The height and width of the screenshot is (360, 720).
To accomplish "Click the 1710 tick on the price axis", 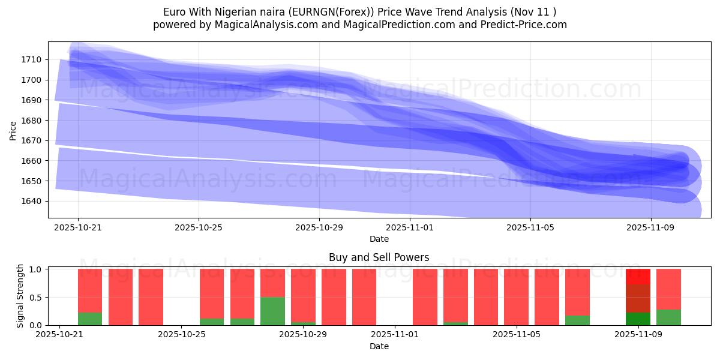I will [x=32, y=59].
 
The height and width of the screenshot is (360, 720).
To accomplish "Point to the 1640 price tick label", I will [x=32, y=201].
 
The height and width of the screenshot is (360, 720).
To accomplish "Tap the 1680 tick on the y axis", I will [x=32, y=121].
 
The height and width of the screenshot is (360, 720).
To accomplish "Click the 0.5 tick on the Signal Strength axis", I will [x=37, y=298].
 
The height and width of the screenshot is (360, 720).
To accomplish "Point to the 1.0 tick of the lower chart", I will [x=37, y=269].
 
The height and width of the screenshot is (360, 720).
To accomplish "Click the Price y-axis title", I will [x=13, y=130].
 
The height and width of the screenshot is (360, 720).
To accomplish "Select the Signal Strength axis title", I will [x=20, y=296].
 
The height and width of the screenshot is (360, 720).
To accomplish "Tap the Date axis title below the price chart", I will [x=379, y=239].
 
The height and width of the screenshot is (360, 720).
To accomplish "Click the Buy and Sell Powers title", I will [x=379, y=257].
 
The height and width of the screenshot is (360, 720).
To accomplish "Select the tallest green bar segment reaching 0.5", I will [x=272, y=311].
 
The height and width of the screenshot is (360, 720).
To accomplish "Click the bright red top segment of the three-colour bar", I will [x=638, y=277].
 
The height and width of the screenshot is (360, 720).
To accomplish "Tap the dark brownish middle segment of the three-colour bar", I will [x=638, y=298].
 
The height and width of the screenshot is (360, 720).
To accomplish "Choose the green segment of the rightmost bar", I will [x=668, y=317].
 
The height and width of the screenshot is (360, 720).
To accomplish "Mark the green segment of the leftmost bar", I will [x=90, y=319].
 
